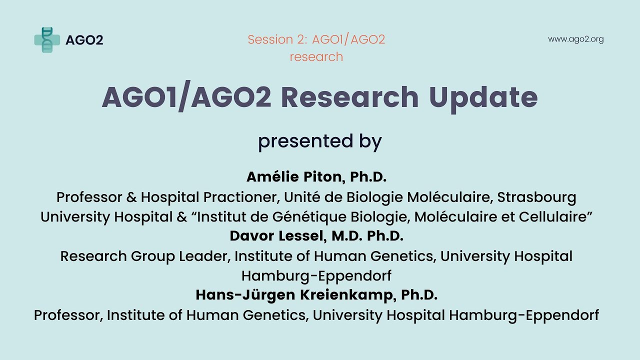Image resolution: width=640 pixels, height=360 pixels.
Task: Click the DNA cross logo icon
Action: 47,40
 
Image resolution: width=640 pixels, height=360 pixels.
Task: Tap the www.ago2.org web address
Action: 575,39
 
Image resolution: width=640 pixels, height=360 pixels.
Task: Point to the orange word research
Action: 316,57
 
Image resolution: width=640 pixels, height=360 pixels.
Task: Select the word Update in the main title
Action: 483,97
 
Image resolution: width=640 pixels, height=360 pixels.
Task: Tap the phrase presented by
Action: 319,141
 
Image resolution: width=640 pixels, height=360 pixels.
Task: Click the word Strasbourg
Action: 536,197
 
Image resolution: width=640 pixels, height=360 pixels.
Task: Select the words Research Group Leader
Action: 144,256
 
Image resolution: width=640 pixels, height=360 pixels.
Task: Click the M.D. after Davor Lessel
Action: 344,236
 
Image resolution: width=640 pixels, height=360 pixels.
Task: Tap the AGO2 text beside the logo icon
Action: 84,40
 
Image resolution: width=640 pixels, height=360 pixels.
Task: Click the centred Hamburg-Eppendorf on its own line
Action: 316,275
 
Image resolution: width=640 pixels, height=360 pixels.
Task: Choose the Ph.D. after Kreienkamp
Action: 419,295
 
